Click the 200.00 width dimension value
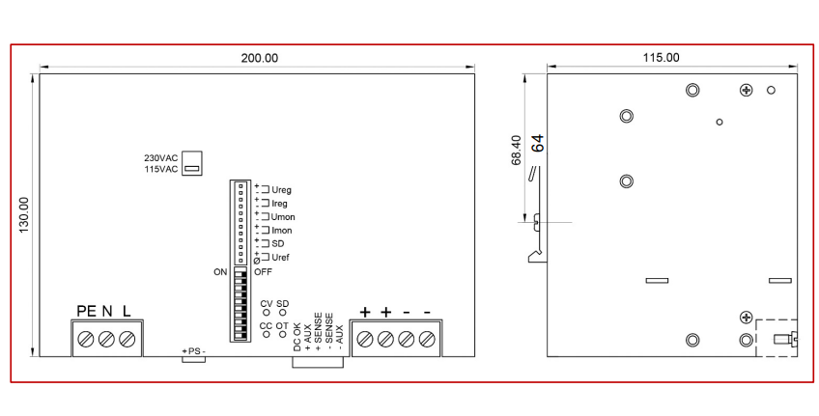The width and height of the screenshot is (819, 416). [260, 58]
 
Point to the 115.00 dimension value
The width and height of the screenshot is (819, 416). [662, 57]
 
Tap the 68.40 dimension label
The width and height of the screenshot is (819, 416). [516, 151]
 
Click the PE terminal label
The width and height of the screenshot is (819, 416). [86, 312]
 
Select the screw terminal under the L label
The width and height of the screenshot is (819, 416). [127, 340]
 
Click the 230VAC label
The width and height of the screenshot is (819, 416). [161, 157]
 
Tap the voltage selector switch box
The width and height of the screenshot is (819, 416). [192, 163]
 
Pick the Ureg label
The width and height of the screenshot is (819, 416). [282, 190]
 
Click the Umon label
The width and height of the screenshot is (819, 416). [283, 217]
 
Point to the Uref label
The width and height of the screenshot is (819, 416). [280, 258]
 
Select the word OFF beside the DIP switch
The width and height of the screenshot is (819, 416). [263, 272]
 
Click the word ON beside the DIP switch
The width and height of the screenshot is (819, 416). [220, 272]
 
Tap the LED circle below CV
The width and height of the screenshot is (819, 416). [267, 312]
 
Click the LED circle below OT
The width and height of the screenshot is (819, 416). [283, 334]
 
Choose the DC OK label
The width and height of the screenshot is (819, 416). [297, 337]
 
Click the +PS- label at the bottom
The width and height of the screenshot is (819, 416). [193, 351]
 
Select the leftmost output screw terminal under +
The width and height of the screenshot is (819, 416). [364, 340]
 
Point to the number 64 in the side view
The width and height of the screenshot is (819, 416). [537, 144]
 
